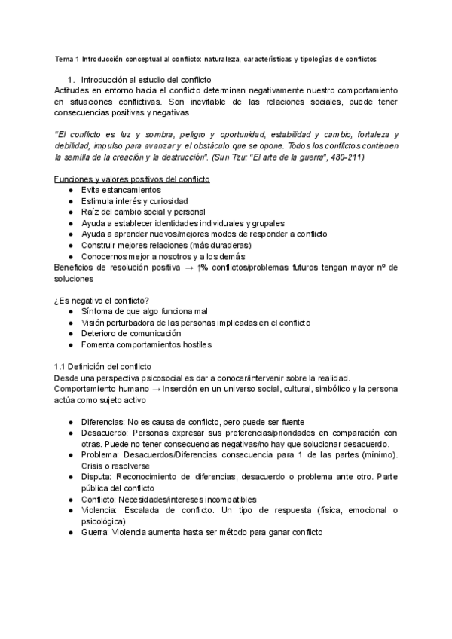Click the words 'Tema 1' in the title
click(66, 58)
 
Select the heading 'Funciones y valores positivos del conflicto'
click(133, 178)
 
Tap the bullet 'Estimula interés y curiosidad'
click(135, 201)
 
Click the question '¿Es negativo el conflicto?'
click(101, 301)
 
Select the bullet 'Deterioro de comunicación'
click(131, 334)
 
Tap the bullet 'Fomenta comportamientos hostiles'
click(146, 345)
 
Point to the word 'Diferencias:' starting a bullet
click(103, 422)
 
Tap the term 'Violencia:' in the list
click(100, 510)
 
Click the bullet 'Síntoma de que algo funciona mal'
click(147, 311)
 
